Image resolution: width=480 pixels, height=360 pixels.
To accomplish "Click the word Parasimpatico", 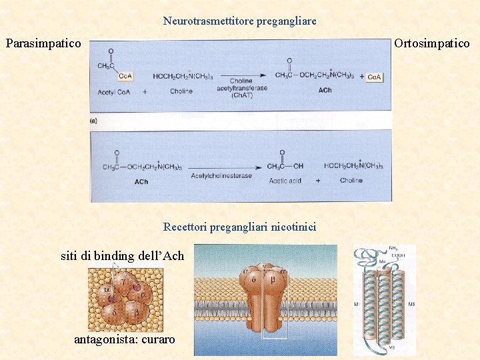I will click(43, 44).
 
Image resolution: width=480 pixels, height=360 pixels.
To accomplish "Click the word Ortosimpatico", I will click(432, 44).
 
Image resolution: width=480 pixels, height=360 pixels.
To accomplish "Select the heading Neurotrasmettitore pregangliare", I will click(240, 21).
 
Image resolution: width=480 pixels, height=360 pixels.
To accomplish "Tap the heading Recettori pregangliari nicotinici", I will click(240, 227).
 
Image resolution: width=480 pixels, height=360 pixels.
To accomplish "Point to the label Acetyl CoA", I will click(114, 92).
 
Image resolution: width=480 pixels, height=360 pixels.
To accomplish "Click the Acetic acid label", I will click(285, 181).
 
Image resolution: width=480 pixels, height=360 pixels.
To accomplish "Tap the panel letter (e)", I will click(94, 121).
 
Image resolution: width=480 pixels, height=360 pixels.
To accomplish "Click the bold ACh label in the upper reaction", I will click(325, 90).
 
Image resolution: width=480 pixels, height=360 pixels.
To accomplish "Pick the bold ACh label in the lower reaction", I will click(141, 181).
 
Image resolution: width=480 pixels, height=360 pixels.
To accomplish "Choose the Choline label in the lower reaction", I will click(351, 181).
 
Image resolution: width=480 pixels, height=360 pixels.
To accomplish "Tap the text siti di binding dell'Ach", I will click(122, 256).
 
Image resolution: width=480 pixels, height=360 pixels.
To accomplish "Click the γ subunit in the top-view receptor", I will click(125, 282).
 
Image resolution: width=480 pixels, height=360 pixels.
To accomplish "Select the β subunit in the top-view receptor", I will click(137, 312).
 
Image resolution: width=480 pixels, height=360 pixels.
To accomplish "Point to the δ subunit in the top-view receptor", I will click(114, 311).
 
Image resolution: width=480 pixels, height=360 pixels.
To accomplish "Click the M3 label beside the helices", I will click(410, 305).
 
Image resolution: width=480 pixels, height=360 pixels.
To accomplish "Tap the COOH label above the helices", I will click(399, 254).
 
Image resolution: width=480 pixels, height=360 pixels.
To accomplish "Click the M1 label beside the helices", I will click(357, 304).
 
